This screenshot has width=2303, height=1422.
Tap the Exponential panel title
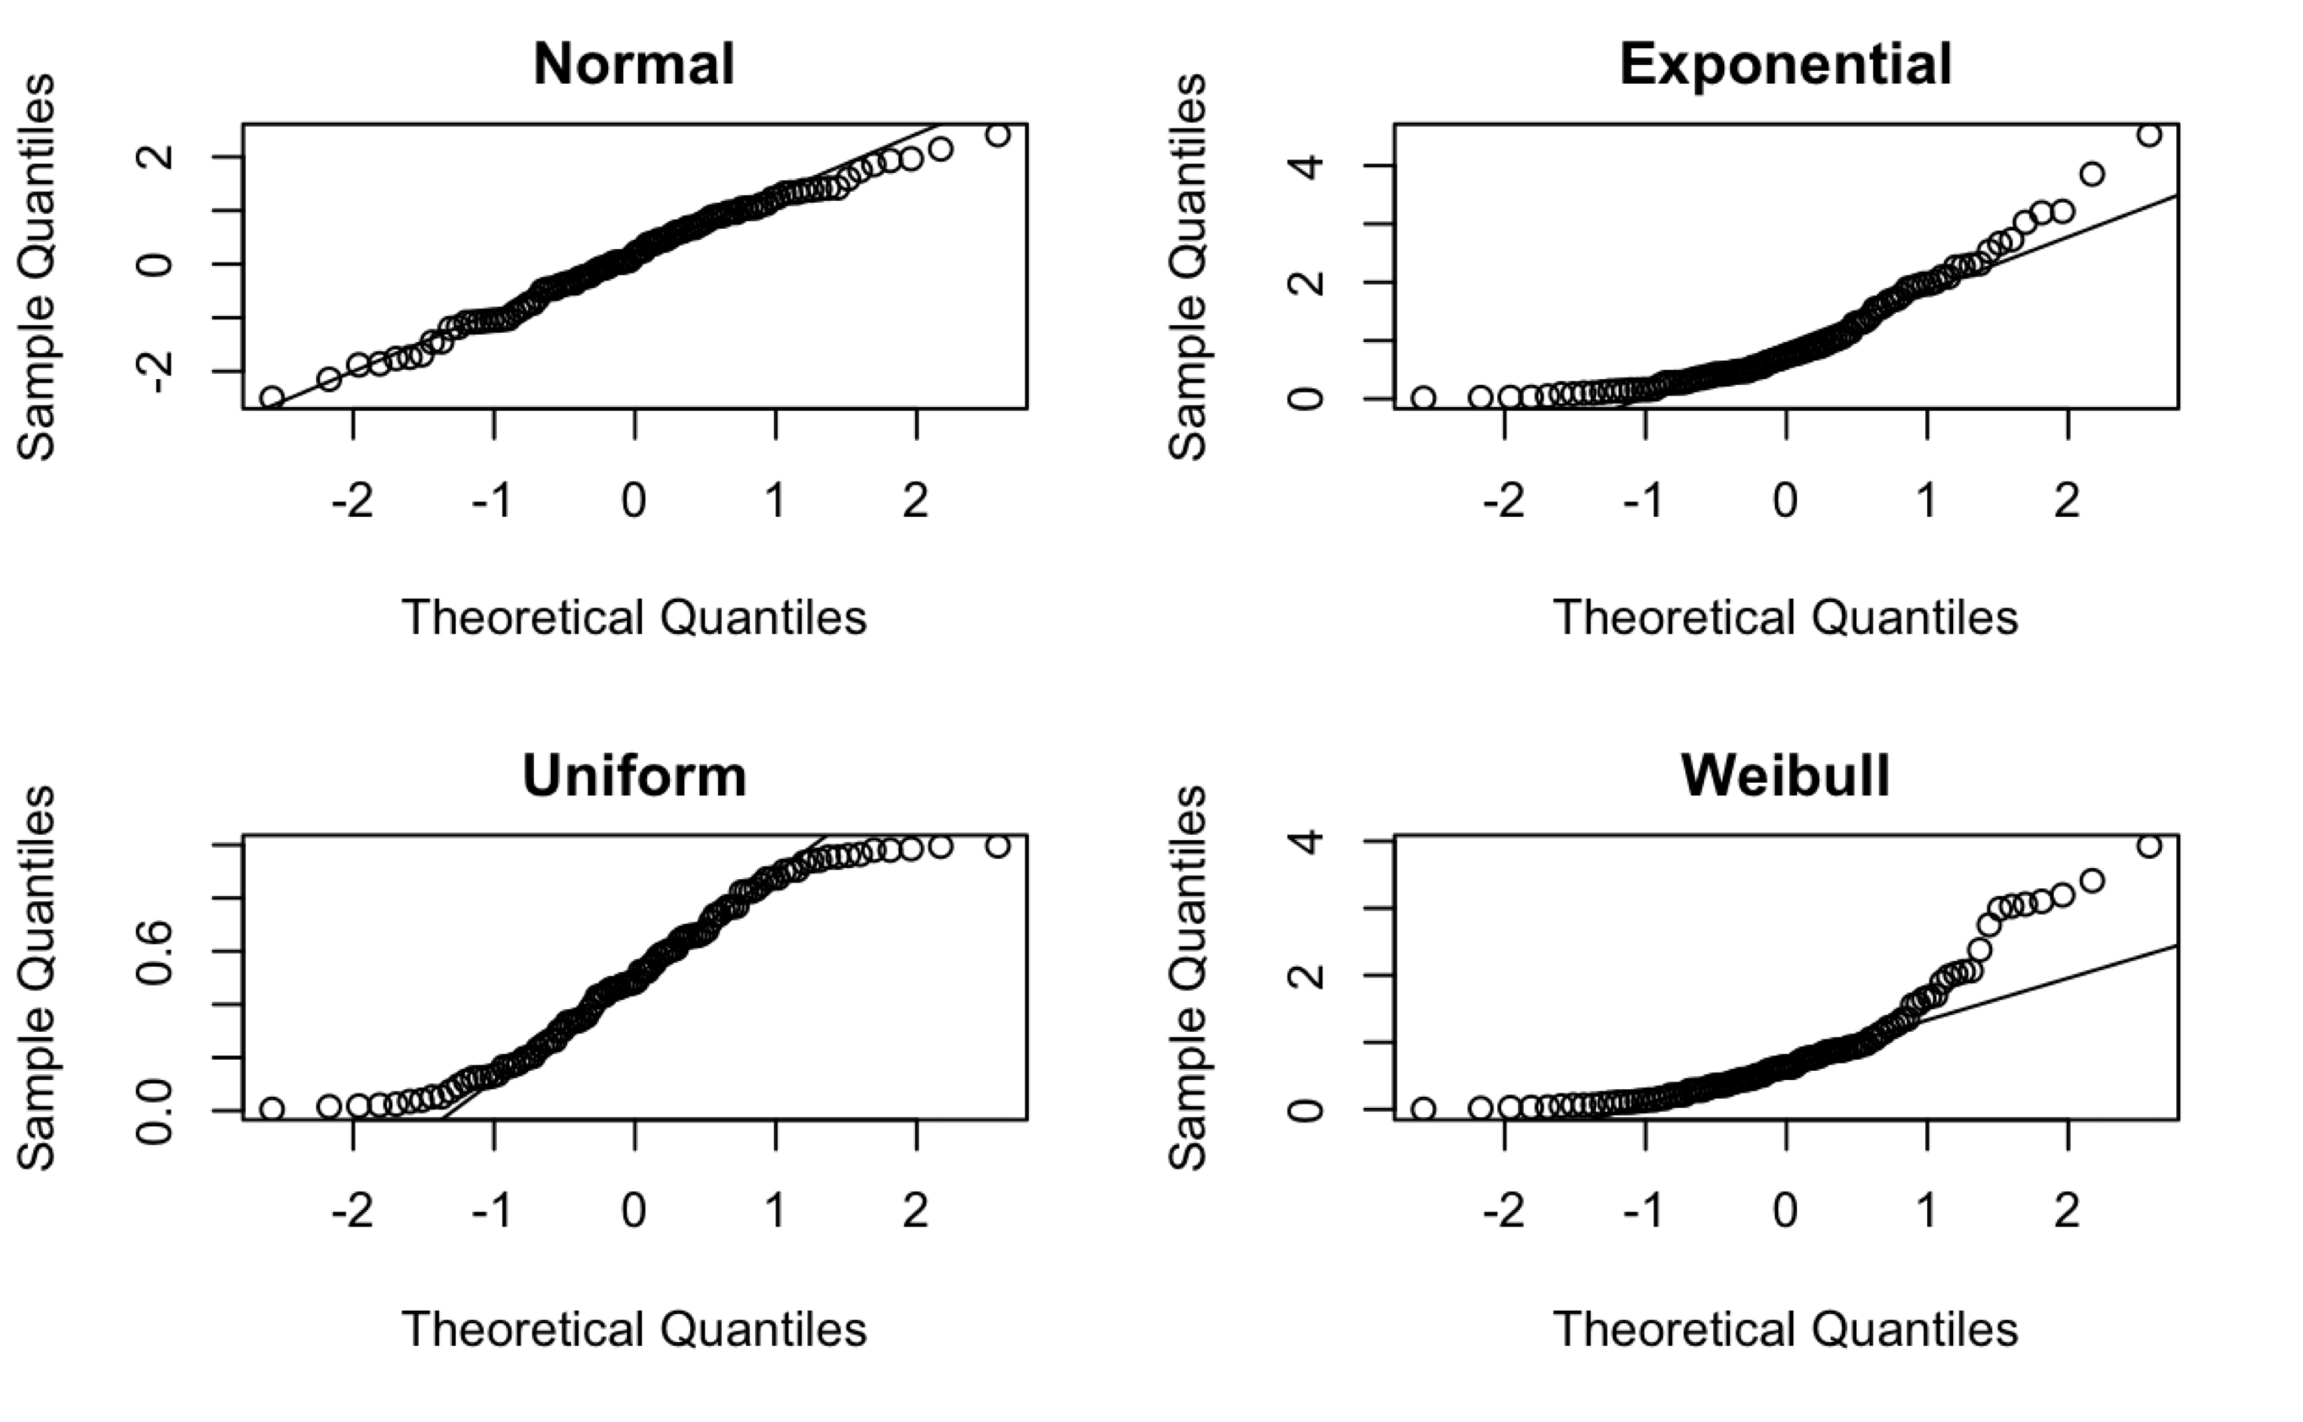click(x=1784, y=64)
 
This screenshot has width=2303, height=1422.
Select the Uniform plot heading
click(x=634, y=776)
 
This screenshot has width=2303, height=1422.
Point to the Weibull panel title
click(x=1784, y=776)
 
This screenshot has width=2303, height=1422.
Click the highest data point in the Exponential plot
click(x=2148, y=135)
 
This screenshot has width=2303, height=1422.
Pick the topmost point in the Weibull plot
click(x=2148, y=846)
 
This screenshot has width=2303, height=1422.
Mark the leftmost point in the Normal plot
click(x=272, y=398)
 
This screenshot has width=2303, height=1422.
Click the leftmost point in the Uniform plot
click(x=272, y=1109)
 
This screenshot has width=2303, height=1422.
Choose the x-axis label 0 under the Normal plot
click(x=634, y=501)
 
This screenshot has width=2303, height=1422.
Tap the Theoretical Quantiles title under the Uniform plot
click(x=634, y=1329)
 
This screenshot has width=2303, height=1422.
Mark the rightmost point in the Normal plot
click(x=998, y=135)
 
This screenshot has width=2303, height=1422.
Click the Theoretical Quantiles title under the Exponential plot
click(x=1784, y=618)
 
